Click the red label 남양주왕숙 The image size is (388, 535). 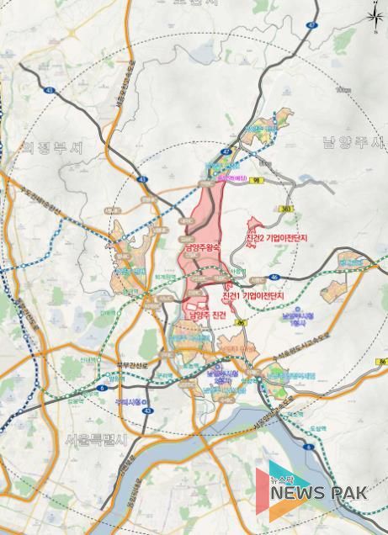click(199, 248)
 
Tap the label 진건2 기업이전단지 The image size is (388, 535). click(275, 239)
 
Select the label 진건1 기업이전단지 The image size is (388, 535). click(252, 296)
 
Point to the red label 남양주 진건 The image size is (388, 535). click(207, 314)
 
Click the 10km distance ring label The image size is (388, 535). click(341, 89)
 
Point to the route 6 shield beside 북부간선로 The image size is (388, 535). click(102, 388)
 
